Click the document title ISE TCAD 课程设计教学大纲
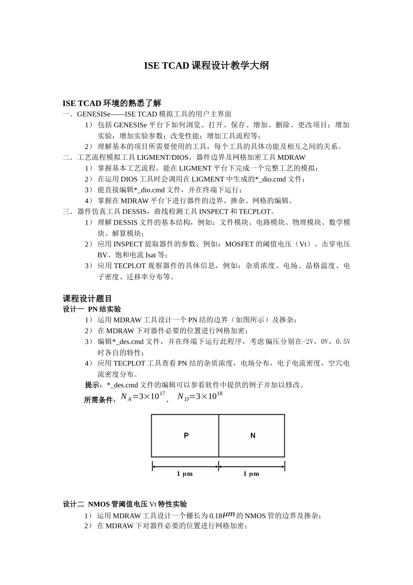coord(206,66)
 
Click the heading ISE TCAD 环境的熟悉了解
coord(112,103)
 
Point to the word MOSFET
coord(239,244)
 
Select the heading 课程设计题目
coord(87,299)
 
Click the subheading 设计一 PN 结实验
coord(92,309)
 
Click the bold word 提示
coord(92,385)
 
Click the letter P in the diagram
coord(186,435)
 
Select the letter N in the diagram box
coord(253,435)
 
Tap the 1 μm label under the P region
coord(184,474)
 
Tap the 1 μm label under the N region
coord(251,474)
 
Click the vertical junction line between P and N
coord(219,435)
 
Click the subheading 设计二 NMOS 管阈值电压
coord(125,504)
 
